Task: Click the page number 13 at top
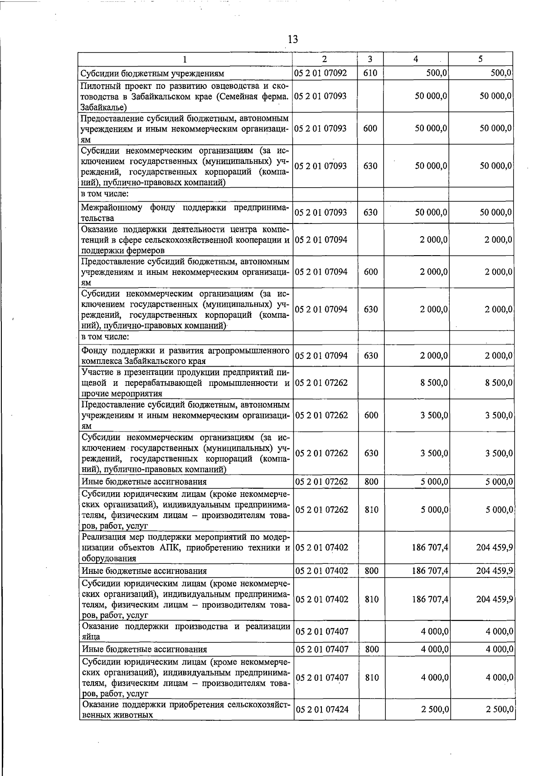292,39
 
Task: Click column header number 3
370,59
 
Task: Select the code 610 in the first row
370,73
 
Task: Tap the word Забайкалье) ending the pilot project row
103,107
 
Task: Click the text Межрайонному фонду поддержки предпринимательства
185,213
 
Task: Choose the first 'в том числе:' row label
105,194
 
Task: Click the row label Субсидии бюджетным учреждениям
152,73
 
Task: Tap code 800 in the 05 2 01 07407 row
371,649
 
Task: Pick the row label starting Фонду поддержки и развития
185,356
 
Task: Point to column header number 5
480,59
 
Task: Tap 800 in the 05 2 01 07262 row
371,481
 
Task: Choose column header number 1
185,59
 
